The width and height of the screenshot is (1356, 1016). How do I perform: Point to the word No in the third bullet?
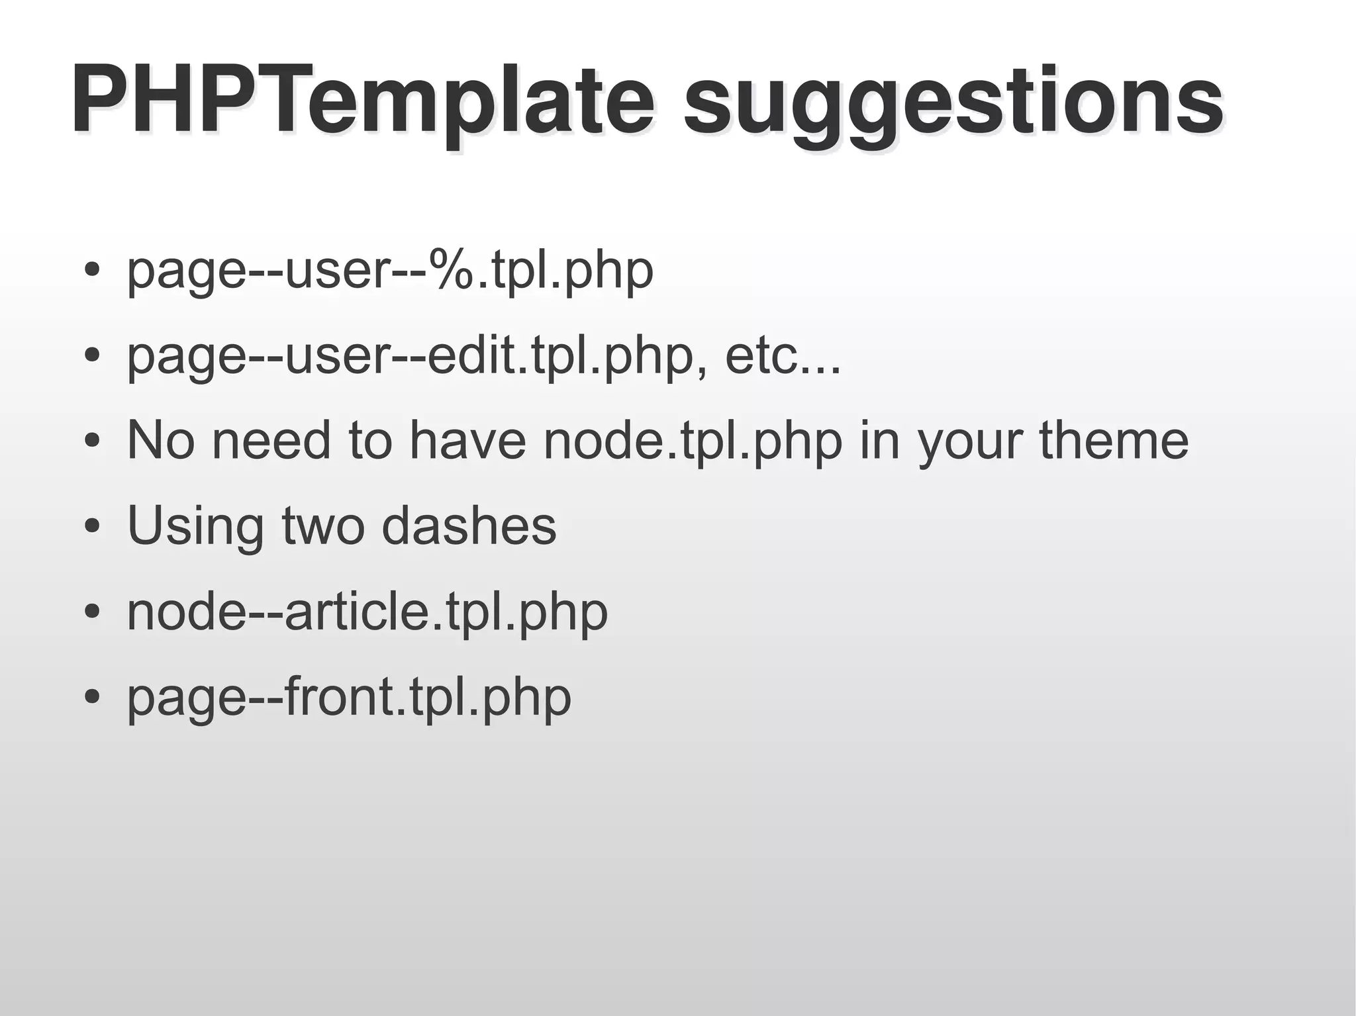point(161,440)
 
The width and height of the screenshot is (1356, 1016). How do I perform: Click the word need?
point(271,440)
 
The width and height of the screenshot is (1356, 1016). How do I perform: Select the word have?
point(467,440)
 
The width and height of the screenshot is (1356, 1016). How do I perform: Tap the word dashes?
point(469,526)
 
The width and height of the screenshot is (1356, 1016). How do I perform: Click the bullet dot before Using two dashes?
point(93,527)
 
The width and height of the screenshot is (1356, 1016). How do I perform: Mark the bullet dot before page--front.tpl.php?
point(93,697)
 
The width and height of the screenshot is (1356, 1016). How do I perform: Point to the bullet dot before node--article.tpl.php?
point(93,612)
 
